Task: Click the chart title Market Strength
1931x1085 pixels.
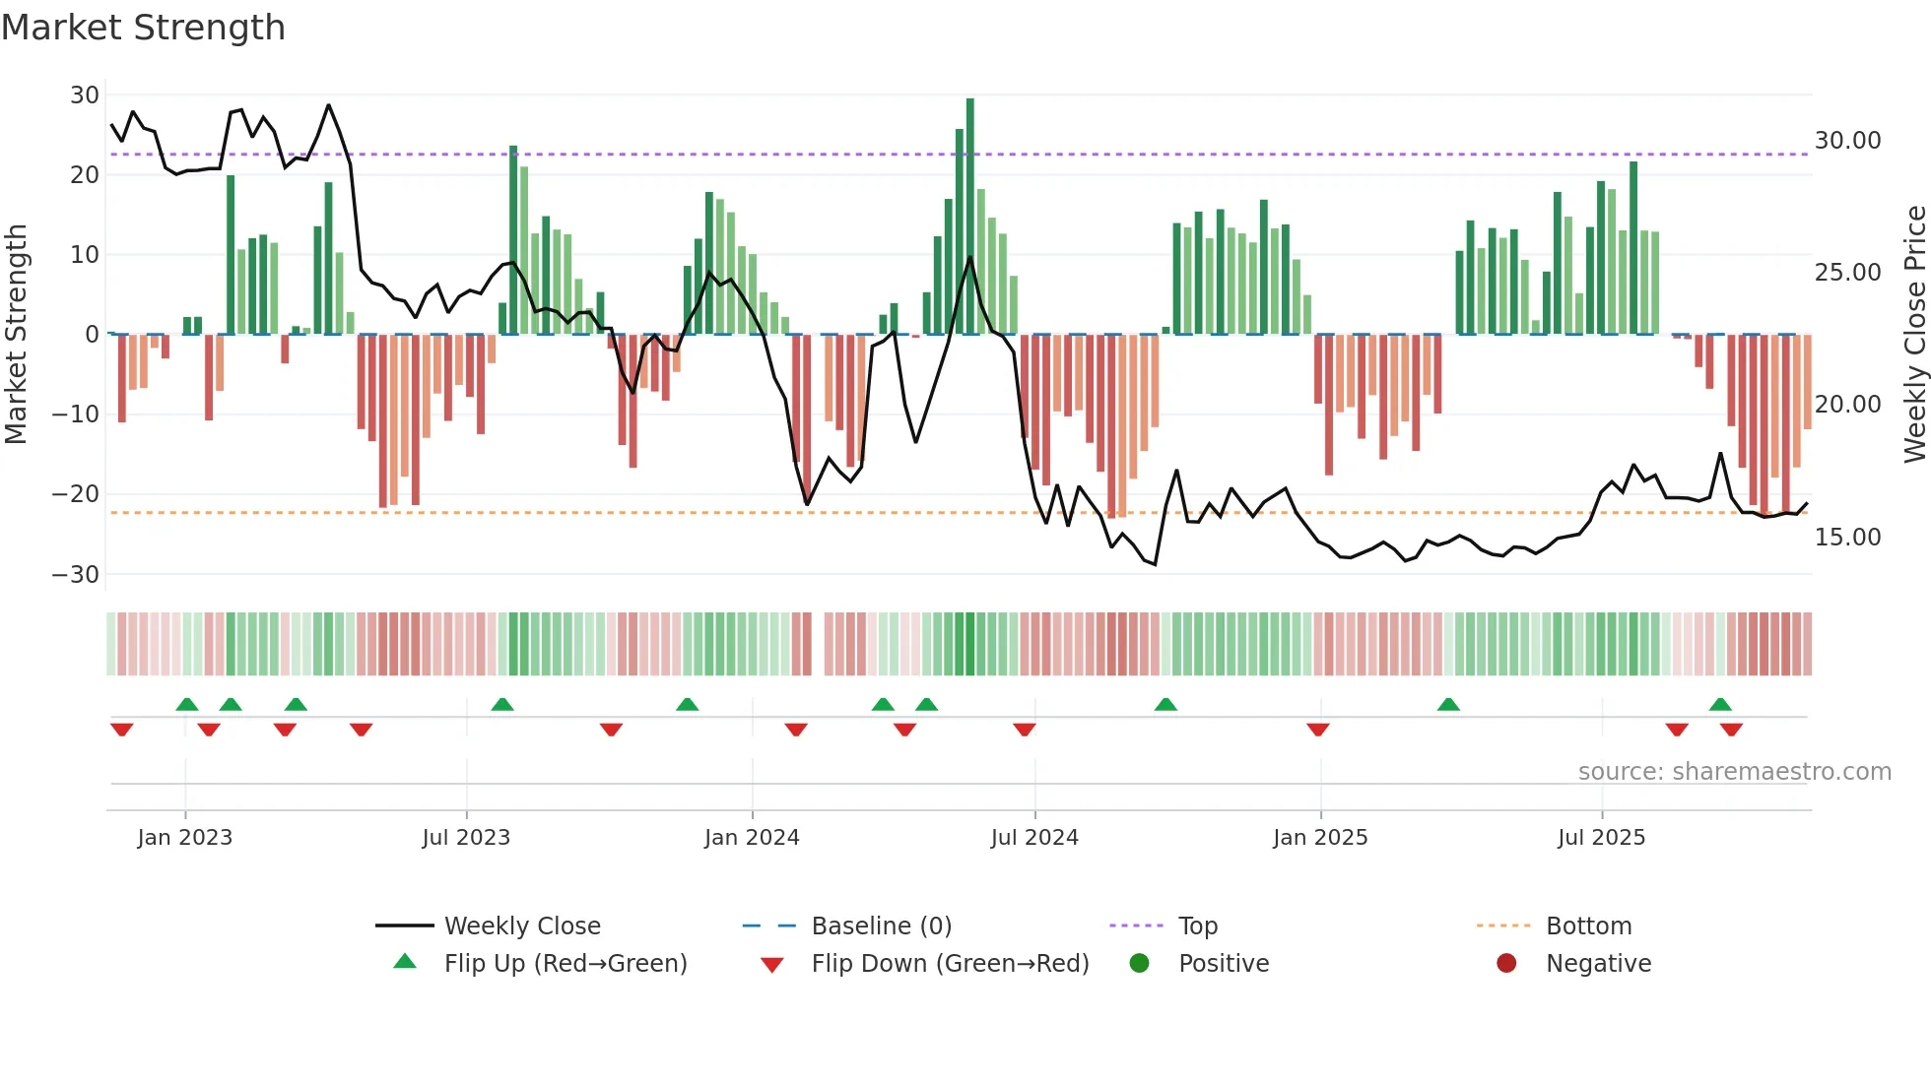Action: (x=143, y=28)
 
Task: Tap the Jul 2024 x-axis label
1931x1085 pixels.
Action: (x=1034, y=838)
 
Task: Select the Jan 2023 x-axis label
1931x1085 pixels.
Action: (x=185, y=838)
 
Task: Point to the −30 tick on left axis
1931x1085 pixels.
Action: (x=76, y=575)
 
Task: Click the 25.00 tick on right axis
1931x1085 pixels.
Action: (x=1847, y=273)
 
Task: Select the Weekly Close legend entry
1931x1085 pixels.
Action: (x=521, y=926)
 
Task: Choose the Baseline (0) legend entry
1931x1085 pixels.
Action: (x=881, y=926)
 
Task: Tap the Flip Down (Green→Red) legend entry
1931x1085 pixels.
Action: (x=950, y=964)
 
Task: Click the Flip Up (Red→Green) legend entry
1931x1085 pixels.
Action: (x=565, y=964)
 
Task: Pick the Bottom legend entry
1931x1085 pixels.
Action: (x=1588, y=926)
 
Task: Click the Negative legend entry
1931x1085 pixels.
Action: (x=1598, y=964)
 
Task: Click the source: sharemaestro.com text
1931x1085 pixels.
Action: (x=1734, y=772)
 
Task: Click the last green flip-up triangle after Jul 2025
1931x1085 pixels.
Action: (x=1720, y=705)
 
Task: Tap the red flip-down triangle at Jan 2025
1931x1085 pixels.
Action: (x=1318, y=730)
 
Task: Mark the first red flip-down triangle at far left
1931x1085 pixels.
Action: (x=122, y=730)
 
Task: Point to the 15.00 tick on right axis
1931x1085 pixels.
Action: (x=1847, y=538)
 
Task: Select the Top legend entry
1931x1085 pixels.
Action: (x=1197, y=926)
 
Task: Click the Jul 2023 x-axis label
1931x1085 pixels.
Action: (x=466, y=838)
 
